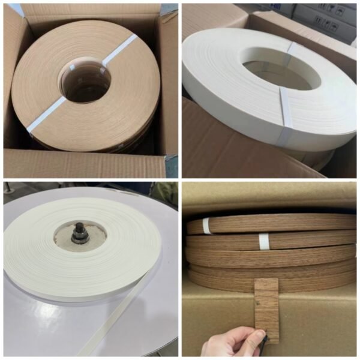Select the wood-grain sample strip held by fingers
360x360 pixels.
click(266, 306)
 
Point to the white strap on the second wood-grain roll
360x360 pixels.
click(263, 241)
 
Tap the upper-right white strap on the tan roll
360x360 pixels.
click(121, 50)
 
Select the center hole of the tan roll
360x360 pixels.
click(84, 84)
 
